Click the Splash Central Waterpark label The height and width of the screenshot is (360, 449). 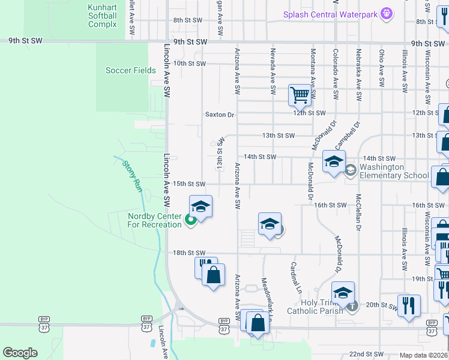coord(331,14)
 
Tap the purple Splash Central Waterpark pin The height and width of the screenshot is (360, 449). coord(387,13)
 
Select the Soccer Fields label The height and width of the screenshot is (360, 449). coord(131,70)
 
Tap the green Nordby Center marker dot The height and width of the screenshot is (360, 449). coord(191,220)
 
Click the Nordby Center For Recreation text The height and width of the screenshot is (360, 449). coord(154,221)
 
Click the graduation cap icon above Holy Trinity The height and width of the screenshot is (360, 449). coord(343,293)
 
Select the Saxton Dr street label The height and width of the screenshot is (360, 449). coord(220,114)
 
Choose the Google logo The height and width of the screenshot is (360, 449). coord(20,353)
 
